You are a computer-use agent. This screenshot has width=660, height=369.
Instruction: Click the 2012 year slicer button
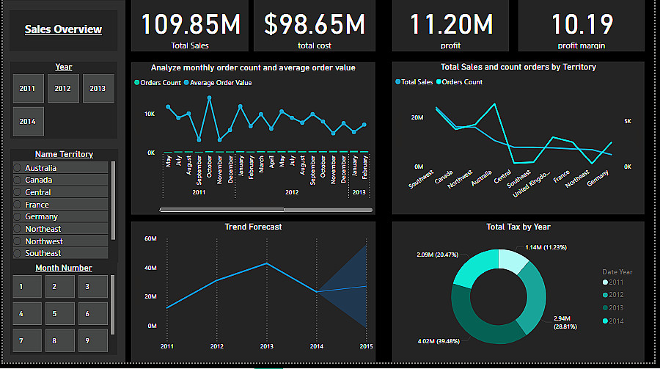(x=63, y=88)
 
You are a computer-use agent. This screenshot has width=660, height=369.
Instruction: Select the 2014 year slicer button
(x=28, y=121)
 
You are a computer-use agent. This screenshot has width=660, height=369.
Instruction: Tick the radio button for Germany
(x=18, y=216)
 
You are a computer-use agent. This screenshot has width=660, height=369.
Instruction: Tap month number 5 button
(x=54, y=314)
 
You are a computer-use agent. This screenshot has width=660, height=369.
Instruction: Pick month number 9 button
(x=87, y=341)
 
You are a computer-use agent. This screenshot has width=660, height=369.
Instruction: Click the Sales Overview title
(x=63, y=30)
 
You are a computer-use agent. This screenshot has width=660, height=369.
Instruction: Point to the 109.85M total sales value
(x=190, y=24)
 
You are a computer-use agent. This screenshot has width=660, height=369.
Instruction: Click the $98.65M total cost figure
(x=314, y=24)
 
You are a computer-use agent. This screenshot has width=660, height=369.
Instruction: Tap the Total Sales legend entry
(x=417, y=82)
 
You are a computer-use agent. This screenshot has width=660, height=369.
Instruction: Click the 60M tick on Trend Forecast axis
(x=150, y=238)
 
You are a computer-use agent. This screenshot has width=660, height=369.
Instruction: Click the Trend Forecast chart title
(x=253, y=227)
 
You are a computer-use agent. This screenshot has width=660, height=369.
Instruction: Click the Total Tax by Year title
(x=518, y=227)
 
